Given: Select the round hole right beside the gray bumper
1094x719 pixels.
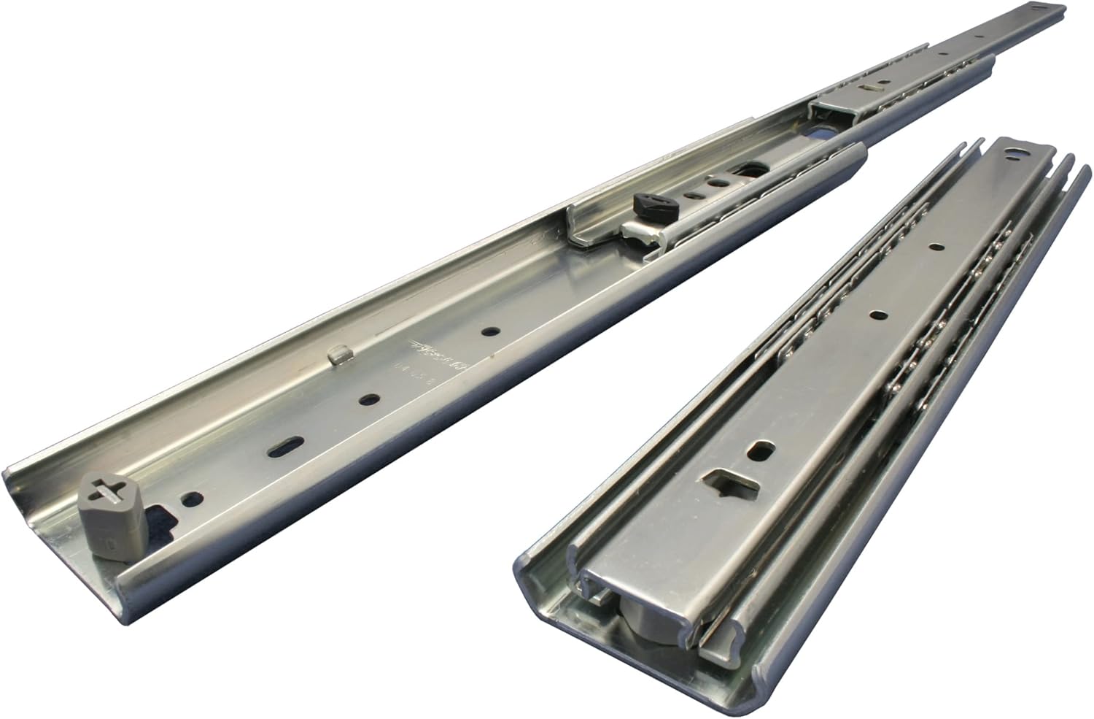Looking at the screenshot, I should coord(193,499).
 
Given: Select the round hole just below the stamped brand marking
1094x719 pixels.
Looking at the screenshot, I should coord(371,399).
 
